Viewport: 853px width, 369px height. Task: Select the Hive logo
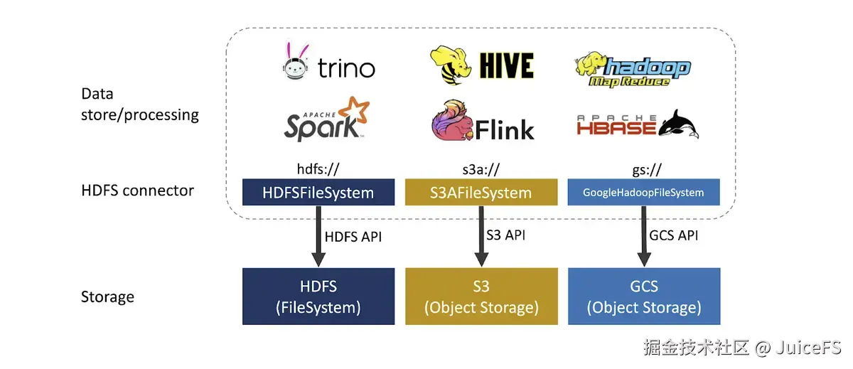point(482,65)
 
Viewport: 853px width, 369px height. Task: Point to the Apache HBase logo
point(637,125)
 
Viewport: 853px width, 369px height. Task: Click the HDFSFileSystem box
point(318,192)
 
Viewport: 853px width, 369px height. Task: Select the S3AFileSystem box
point(481,192)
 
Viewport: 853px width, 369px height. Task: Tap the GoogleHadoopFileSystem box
point(643,192)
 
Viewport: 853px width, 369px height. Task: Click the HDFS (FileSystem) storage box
point(318,296)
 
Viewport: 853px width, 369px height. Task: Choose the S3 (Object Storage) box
point(481,296)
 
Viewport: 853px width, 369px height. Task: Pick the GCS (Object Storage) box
point(643,296)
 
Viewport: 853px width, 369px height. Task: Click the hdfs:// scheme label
point(318,169)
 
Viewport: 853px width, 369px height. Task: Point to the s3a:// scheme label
point(481,169)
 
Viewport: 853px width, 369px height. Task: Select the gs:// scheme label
point(643,169)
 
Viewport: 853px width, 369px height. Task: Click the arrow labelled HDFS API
point(313,237)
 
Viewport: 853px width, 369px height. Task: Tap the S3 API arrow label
point(505,235)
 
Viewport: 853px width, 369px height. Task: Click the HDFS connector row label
point(137,191)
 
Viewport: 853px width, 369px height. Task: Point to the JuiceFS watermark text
point(742,348)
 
